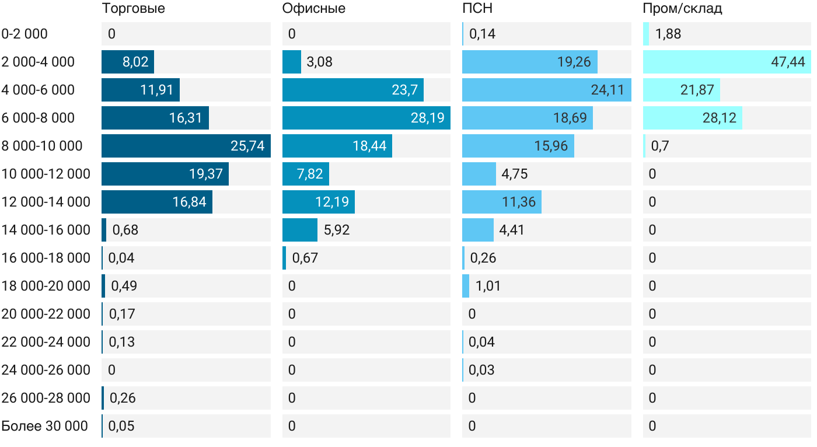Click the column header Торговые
[133, 8]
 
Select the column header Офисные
[313, 8]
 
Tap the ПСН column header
[477, 8]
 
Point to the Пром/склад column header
[682, 8]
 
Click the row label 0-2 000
[25, 34]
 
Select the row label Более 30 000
[44, 426]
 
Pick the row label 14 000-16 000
[46, 230]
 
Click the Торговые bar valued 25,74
[186, 146]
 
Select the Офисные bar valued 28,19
[366, 118]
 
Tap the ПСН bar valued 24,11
[546, 90]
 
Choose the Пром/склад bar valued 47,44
[727, 62]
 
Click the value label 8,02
[135, 62]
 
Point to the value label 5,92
[337, 230]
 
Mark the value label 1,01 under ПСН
[488, 286]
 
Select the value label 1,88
[668, 34]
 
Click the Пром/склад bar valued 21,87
[681, 90]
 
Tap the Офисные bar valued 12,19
[318, 202]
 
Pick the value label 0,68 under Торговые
[125, 230]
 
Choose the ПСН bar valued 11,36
[501, 202]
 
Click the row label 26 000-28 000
[46, 398]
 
